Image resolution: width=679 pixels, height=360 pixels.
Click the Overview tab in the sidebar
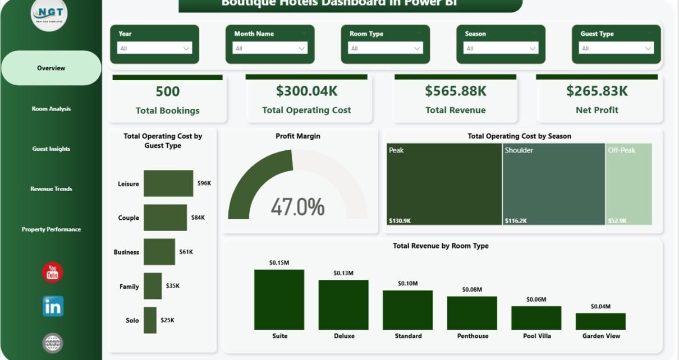pos(51,68)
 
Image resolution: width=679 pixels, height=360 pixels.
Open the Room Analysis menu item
pos(51,109)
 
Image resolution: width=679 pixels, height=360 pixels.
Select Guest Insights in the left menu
pos(51,149)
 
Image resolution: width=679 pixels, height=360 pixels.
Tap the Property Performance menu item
pos(51,229)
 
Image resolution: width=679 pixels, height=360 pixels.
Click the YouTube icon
pos(53,273)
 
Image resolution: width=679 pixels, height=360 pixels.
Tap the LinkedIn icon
pos(53,306)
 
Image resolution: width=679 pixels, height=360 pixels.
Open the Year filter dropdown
pos(154,48)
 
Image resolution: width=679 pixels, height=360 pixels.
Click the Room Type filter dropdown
pos(386,48)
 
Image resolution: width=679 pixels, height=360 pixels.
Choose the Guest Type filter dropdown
pos(616,48)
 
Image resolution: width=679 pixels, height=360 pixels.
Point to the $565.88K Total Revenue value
pos(455,91)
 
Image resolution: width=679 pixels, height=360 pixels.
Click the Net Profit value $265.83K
pos(597,91)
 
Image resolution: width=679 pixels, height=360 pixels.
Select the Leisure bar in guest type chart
pos(168,183)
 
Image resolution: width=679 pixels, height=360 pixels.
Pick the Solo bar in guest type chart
pos(150,320)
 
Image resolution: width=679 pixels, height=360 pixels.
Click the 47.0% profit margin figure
pos(297,207)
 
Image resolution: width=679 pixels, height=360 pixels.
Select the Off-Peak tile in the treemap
pos(629,184)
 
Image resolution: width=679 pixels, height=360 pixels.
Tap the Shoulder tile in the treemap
pos(553,184)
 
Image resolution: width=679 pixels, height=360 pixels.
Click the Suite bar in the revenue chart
pos(279,299)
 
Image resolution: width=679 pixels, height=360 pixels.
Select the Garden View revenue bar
pos(600,321)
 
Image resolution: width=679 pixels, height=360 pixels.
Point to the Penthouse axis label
pos(472,336)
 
